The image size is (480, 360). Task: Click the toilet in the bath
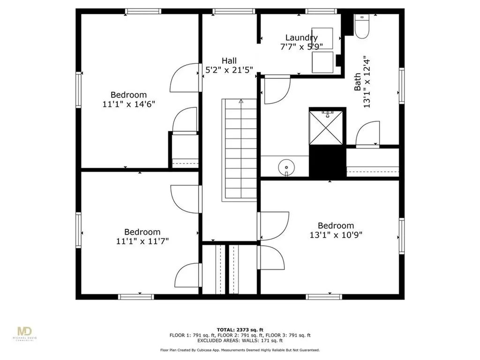[362, 26]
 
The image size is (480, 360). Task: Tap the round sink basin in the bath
[286, 168]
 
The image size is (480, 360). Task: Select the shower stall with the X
[326, 127]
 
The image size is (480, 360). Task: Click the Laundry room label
[301, 37]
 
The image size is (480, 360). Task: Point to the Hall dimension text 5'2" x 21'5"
[229, 70]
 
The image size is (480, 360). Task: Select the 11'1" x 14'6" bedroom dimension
[128, 104]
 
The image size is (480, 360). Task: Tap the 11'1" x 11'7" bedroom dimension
[142, 241]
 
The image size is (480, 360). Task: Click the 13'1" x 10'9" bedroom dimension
[336, 235]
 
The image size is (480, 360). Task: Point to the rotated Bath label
[357, 82]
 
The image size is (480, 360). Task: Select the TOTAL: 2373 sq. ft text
[240, 330]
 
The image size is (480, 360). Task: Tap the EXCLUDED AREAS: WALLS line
[240, 340]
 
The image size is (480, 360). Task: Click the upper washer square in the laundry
[322, 38]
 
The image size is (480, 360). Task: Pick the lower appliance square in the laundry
[322, 62]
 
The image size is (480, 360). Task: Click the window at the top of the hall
[234, 11]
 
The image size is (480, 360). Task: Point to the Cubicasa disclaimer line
[240, 350]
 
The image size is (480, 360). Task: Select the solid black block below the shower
[327, 162]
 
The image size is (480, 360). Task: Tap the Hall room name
[229, 60]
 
